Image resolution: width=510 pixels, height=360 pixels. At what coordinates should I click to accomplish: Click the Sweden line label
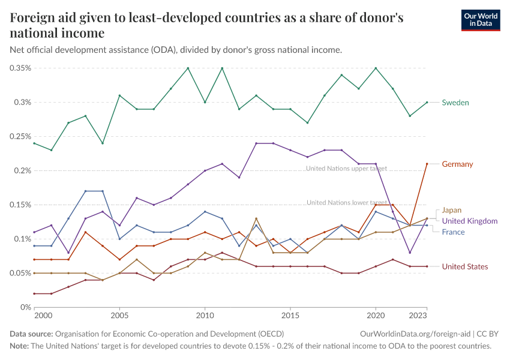(455, 103)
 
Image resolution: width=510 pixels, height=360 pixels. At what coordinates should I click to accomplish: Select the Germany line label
(457, 164)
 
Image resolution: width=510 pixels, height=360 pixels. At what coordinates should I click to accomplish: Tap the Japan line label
(452, 210)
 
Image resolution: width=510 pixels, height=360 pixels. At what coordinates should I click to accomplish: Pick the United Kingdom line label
(470, 221)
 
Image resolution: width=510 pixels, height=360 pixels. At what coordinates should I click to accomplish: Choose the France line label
(453, 232)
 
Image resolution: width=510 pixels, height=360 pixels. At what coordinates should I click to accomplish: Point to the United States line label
(465, 266)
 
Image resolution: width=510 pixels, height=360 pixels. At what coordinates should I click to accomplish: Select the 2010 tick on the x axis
(205, 315)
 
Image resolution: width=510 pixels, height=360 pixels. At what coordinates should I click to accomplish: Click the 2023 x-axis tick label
(418, 315)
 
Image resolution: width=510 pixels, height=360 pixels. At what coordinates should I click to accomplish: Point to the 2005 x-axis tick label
(120, 315)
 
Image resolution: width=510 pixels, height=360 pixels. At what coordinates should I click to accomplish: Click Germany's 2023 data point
(427, 164)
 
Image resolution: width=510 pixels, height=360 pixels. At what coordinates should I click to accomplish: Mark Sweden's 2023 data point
(427, 103)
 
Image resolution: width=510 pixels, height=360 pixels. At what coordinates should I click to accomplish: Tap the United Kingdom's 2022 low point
(410, 253)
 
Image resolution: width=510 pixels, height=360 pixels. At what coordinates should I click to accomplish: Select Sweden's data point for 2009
(188, 68)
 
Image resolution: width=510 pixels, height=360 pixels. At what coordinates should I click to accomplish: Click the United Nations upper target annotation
(346, 169)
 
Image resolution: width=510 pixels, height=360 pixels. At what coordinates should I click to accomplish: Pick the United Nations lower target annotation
(347, 203)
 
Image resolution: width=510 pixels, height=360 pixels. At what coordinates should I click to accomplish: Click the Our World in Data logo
(480, 20)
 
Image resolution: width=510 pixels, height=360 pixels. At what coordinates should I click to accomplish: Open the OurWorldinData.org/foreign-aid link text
(416, 334)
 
